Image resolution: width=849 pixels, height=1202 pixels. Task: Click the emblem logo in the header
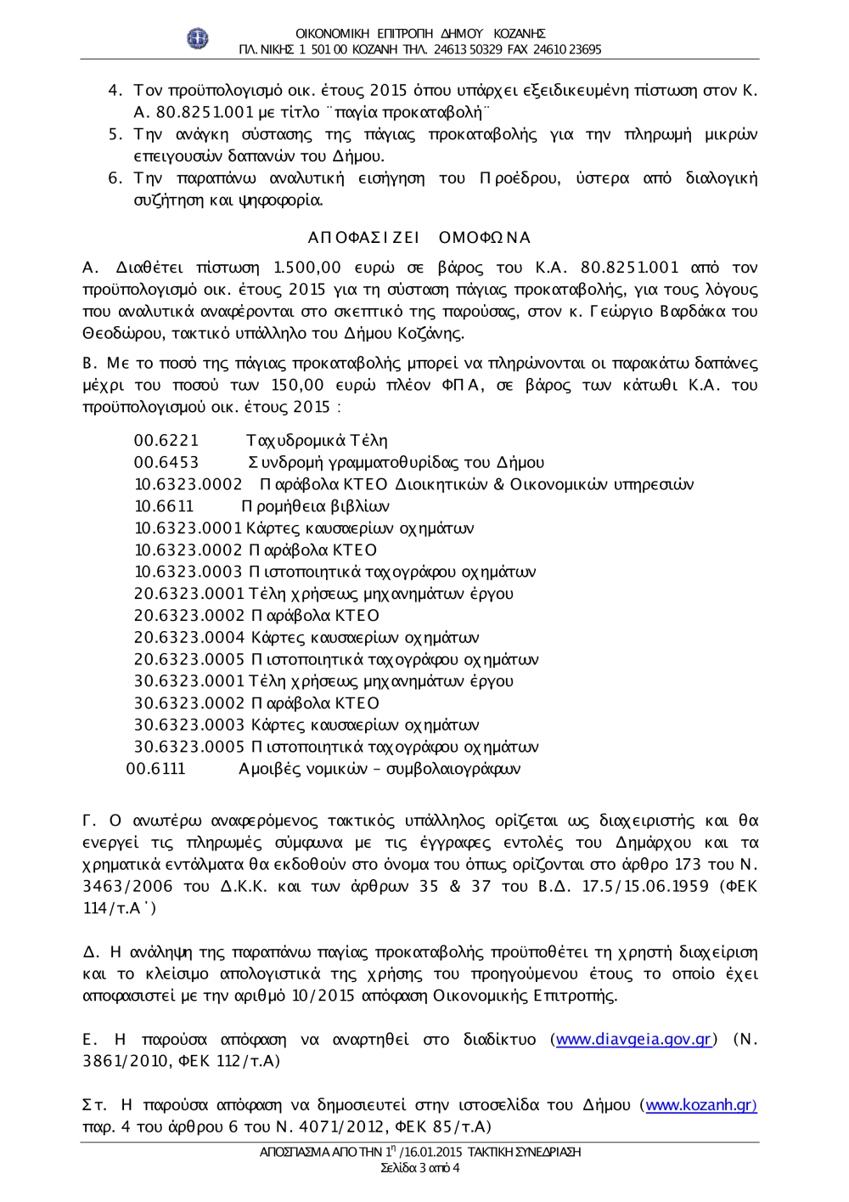(198, 38)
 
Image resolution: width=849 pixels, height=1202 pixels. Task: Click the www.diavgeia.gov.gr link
(633, 1039)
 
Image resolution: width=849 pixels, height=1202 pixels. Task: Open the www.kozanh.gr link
(700, 1104)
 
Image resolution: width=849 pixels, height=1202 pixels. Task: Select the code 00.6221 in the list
(166, 440)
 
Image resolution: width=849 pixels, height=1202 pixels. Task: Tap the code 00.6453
(166, 462)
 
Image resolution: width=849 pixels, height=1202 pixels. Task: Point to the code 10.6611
(164, 506)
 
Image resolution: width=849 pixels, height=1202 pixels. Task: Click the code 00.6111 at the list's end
(155, 769)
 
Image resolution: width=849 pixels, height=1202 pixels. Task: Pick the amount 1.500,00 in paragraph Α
(307, 268)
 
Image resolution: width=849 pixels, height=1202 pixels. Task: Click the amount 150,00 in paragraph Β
(297, 385)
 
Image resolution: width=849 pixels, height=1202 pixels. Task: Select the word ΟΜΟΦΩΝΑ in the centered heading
(485, 237)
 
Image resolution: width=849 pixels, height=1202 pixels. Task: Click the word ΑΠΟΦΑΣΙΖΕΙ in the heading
(363, 237)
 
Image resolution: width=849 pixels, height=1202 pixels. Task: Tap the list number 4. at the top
(115, 90)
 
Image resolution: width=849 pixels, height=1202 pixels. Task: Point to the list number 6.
(115, 178)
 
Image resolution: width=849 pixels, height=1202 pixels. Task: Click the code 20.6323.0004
(189, 637)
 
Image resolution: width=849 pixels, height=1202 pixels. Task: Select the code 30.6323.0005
(189, 747)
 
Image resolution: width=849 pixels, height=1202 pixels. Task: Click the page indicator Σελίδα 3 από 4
(420, 1168)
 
